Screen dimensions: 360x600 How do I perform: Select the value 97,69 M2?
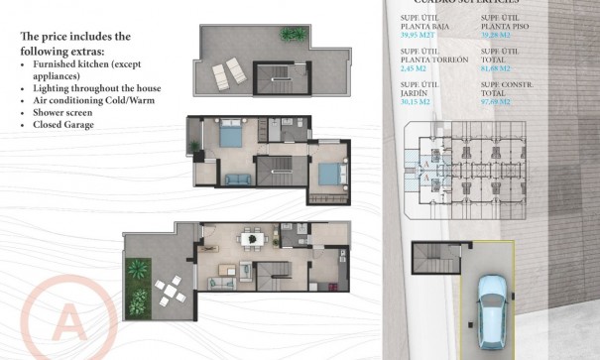tap(500, 101)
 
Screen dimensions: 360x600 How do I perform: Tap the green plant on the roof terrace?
tap(291, 35)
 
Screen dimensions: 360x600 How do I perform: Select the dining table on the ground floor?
tap(253, 238)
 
